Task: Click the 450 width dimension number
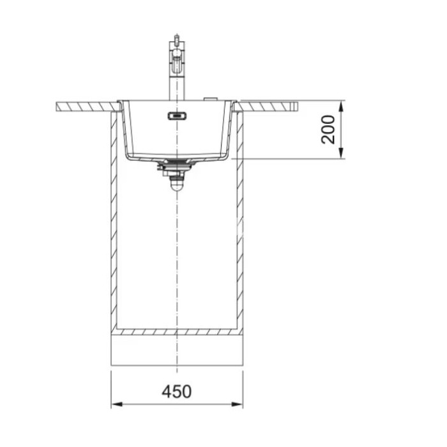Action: pyautogui.click(x=177, y=391)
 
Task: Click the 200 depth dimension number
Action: pyautogui.click(x=328, y=130)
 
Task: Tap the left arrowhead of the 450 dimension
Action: pyautogui.click(x=117, y=404)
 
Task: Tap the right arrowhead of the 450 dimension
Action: pyautogui.click(x=237, y=404)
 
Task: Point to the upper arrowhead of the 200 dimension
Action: pyautogui.click(x=341, y=107)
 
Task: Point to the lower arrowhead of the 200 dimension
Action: pyautogui.click(x=341, y=153)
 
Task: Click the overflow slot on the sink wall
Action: pyautogui.click(x=177, y=116)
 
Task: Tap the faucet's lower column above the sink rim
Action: pyautogui.click(x=177, y=87)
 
